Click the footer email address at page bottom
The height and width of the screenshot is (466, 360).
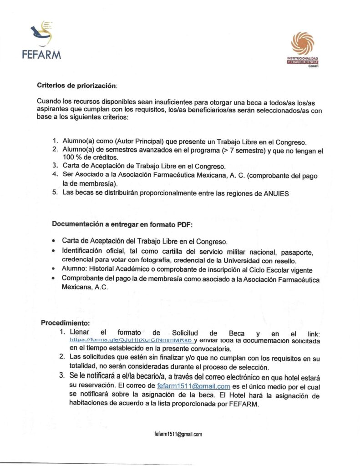coord(178,434)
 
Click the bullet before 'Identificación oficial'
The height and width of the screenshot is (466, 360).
coord(54,252)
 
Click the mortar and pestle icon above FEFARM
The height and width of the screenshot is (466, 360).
coord(41,33)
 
